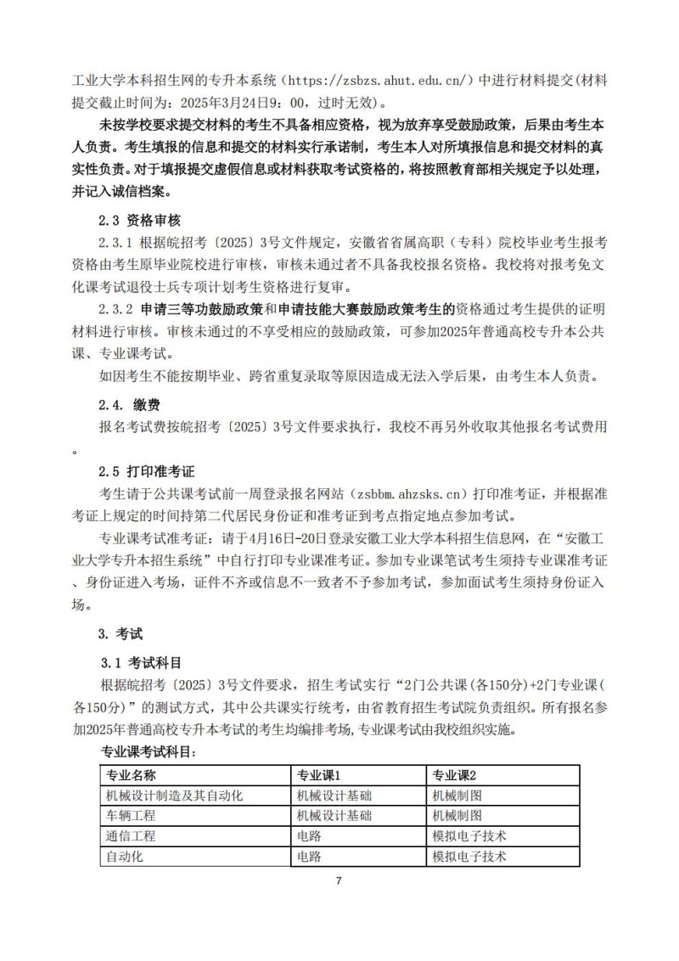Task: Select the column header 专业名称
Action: (131, 775)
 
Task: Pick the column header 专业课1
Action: (317, 775)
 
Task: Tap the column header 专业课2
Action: (455, 775)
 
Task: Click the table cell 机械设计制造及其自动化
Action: (174, 795)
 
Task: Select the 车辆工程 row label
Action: (131, 816)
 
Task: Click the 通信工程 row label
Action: (131, 836)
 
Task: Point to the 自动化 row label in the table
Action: (124, 857)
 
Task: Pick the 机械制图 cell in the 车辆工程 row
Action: (457, 816)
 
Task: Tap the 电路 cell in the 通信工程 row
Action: (309, 836)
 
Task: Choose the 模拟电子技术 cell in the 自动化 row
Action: (469, 857)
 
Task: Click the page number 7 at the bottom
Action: (339, 880)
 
